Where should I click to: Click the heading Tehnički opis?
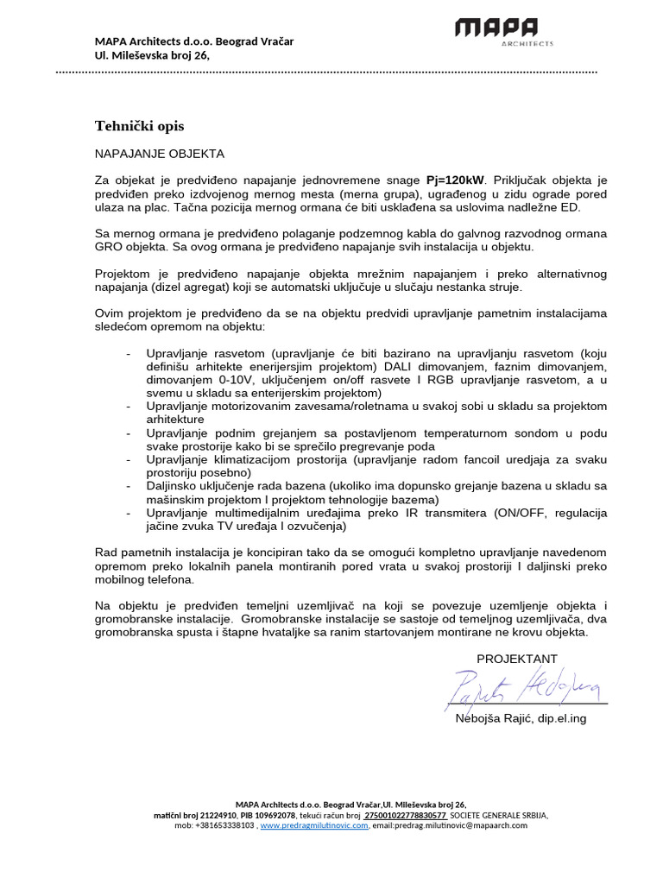click(139, 126)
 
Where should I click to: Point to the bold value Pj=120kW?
click(456, 180)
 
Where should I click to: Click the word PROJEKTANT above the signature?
click(517, 659)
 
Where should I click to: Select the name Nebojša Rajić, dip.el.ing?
click(521, 718)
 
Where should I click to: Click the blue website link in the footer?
click(315, 825)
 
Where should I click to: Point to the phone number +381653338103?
click(225, 825)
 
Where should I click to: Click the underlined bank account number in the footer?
click(405, 815)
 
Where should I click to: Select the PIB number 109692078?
click(268, 815)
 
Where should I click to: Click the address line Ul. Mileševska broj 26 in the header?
click(152, 55)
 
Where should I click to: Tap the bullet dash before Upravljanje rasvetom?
click(129, 354)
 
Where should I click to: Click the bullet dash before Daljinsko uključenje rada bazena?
click(129, 487)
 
